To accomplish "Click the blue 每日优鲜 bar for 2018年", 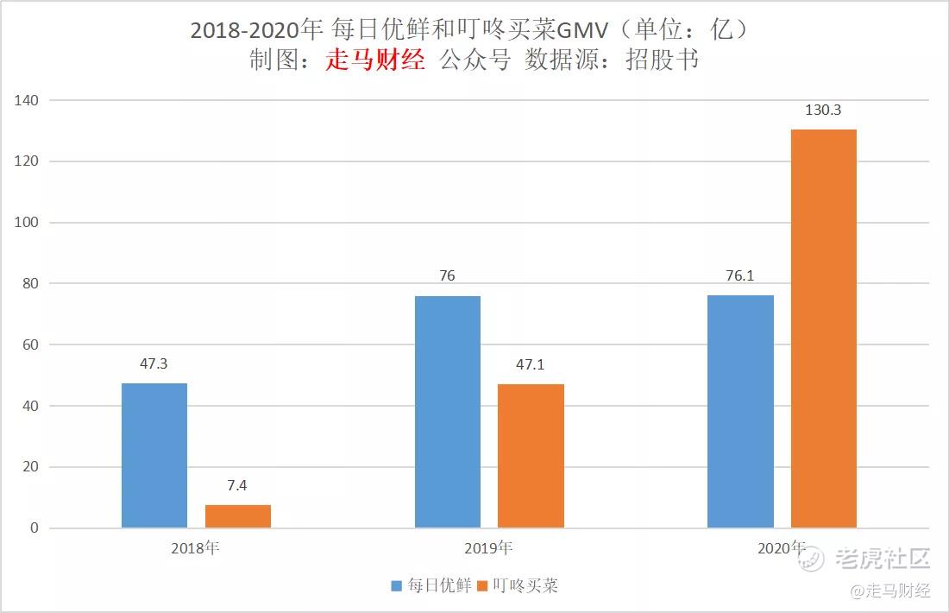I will (x=154, y=455).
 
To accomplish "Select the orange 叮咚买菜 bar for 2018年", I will (x=238, y=516).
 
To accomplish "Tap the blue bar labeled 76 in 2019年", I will (x=447, y=411).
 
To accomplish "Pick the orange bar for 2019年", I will (x=531, y=455).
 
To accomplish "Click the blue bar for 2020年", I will (x=740, y=411).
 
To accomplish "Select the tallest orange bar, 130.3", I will (x=824, y=328).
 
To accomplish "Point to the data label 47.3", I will (x=154, y=363).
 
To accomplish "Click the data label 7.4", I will (x=237, y=485).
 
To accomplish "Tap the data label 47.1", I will (x=530, y=364).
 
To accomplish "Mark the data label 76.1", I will (x=739, y=276).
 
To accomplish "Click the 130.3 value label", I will (x=823, y=111).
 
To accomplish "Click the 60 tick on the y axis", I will (x=31, y=344).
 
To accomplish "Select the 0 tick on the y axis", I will (x=35, y=528).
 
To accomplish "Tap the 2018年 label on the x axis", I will (x=195, y=548).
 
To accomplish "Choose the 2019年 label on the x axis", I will (x=488, y=548).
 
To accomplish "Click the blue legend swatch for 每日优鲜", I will (x=397, y=585).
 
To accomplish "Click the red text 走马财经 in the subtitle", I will (x=375, y=60).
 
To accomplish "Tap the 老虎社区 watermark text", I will (x=883, y=559).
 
